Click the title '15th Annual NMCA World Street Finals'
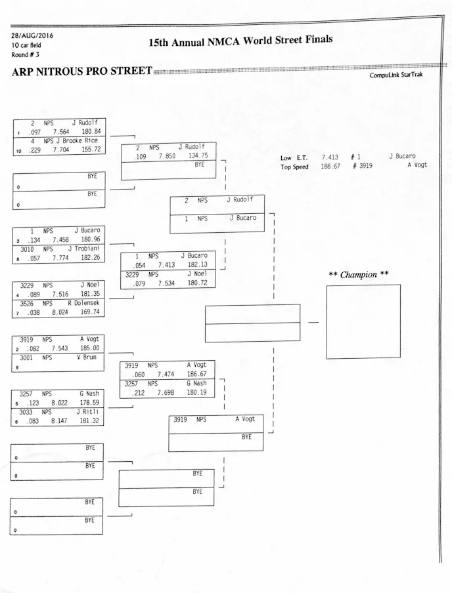tap(240, 41)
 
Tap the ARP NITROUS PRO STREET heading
tap(81, 71)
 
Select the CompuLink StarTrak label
tap(396, 75)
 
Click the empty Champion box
tap(363, 321)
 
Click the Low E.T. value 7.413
tap(330, 157)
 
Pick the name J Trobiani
tap(83, 249)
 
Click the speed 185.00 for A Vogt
tap(90, 348)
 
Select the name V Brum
tap(87, 358)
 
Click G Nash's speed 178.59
tap(90, 403)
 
